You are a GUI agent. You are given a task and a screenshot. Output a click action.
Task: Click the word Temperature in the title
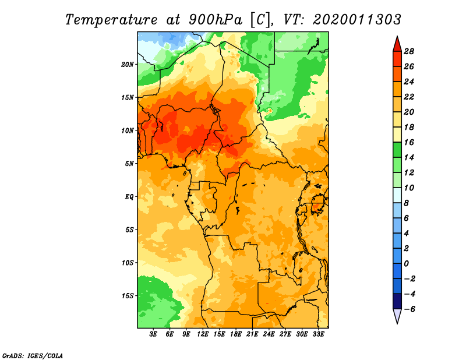[x=111, y=20]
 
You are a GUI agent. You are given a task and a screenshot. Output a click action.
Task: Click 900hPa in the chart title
[x=216, y=20]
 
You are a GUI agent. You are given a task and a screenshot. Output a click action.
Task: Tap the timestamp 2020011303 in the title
[x=357, y=20]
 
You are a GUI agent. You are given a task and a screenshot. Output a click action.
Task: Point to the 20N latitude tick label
[x=128, y=65]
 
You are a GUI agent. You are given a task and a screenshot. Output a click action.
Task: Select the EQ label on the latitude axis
[x=129, y=197]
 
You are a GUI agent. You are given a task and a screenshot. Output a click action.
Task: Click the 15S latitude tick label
[x=128, y=296]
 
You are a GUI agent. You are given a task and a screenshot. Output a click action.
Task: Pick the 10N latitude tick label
[x=128, y=130]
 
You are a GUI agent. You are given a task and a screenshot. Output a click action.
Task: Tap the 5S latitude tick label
[x=129, y=230]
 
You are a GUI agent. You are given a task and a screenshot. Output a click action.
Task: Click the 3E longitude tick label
[x=153, y=334]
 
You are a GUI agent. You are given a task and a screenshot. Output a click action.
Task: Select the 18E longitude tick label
[x=236, y=334]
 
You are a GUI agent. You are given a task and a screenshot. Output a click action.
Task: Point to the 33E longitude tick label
[x=318, y=334]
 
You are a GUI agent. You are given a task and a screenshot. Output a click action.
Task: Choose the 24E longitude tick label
[x=269, y=334]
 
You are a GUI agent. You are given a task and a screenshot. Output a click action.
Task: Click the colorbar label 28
[x=409, y=51]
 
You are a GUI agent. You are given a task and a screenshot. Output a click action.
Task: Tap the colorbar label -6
[x=409, y=309]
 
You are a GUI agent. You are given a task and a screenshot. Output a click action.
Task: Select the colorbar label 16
[x=409, y=142]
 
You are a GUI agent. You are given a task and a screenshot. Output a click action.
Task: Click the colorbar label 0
[x=406, y=264]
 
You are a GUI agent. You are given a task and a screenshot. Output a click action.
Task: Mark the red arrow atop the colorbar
[x=397, y=45]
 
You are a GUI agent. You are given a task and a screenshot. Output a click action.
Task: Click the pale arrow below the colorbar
[x=397, y=315]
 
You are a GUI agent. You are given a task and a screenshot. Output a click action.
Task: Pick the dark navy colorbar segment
[x=397, y=301]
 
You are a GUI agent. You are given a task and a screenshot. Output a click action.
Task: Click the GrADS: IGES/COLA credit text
[x=33, y=355]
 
